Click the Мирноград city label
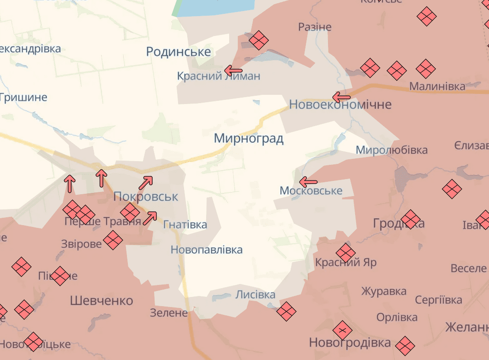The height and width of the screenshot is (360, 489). pyautogui.click(x=248, y=138)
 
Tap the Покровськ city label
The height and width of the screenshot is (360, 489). pyautogui.click(x=145, y=197)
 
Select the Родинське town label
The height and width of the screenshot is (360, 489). pyautogui.click(x=178, y=52)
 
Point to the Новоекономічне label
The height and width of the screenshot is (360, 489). pyautogui.click(x=340, y=105)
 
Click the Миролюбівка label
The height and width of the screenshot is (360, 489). pyautogui.click(x=391, y=150)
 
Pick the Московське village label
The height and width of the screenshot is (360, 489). pyautogui.click(x=311, y=191)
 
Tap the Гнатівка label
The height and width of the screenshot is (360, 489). pyautogui.click(x=185, y=225)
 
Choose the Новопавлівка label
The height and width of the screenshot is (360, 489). pyautogui.click(x=206, y=250)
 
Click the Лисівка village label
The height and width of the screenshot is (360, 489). pyautogui.click(x=255, y=295)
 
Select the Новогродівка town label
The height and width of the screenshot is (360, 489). pyautogui.click(x=350, y=343)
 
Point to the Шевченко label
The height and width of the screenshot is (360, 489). pyautogui.click(x=101, y=301)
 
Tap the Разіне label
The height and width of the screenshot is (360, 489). pyautogui.click(x=315, y=27)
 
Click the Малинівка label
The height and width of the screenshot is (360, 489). pyautogui.click(x=437, y=86)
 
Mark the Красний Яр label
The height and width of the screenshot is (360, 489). pyautogui.click(x=346, y=262)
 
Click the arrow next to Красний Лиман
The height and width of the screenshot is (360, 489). pyautogui.click(x=233, y=70)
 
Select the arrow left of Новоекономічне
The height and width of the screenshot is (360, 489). pyautogui.click(x=341, y=97)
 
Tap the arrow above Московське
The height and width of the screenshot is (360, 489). pyautogui.click(x=308, y=181)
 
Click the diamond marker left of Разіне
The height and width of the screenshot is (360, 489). pyautogui.click(x=259, y=40)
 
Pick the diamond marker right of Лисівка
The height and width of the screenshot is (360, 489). pyautogui.click(x=286, y=311)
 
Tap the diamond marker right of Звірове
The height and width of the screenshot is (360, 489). pyautogui.click(x=113, y=240)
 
